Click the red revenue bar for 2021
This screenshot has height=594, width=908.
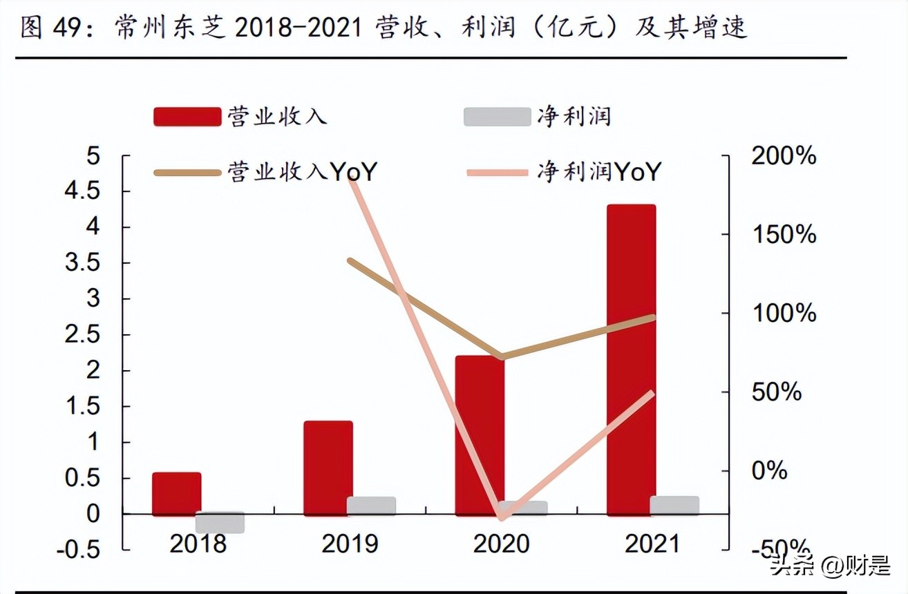coord(631,359)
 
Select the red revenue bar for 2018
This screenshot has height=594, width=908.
coord(176,493)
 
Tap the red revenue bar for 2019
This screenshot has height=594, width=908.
coord(328,467)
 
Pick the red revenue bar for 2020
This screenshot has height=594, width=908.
coord(480,435)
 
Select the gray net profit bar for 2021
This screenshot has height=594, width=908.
coord(674,505)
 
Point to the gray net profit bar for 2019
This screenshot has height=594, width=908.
coord(371,506)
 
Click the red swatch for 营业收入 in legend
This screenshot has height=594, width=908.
coord(186,116)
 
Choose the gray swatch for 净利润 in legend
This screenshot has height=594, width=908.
coord(496,116)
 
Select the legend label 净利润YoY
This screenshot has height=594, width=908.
coord(598,171)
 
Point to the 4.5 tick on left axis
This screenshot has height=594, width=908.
coord(84,191)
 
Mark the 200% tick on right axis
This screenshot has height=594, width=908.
coord(782,155)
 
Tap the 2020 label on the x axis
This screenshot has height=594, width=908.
coord(501,544)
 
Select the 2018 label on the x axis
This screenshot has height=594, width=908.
coord(198,544)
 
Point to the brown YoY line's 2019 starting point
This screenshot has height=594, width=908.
coord(350,261)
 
